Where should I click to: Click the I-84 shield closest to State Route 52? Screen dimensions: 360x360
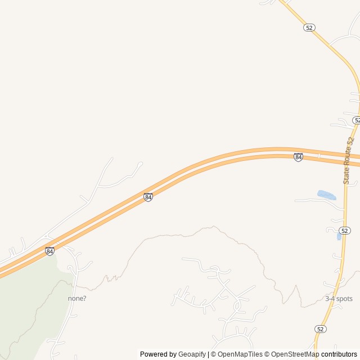pyautogui.click(x=298, y=157)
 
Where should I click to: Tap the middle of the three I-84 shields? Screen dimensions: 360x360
pyautogui.click(x=148, y=197)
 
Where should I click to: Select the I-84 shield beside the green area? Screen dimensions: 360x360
pyautogui.click(x=50, y=251)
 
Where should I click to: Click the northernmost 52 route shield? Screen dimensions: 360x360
pyautogui.click(x=309, y=27)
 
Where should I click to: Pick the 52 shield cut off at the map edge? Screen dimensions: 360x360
pyautogui.click(x=357, y=120)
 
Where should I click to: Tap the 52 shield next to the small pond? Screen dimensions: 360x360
pyautogui.click(x=345, y=231)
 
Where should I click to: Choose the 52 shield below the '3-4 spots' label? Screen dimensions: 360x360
pyautogui.click(x=320, y=328)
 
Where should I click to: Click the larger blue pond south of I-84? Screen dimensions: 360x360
pyautogui.click(x=327, y=195)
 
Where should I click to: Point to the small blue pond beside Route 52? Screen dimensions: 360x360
pyautogui.click(x=339, y=237)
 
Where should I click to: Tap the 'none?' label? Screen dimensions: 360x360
pyautogui.click(x=77, y=298)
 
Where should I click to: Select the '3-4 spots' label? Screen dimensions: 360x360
pyautogui.click(x=339, y=299)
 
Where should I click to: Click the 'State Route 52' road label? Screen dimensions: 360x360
pyautogui.click(x=349, y=160)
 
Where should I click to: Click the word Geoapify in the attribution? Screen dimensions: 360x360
pyautogui.click(x=192, y=354)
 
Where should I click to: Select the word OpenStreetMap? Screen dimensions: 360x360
pyautogui.click(x=295, y=354)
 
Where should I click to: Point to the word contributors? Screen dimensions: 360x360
pyautogui.click(x=339, y=354)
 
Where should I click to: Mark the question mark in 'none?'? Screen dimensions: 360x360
pyautogui.click(x=84, y=298)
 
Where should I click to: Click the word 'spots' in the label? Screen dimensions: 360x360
pyautogui.click(x=344, y=299)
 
